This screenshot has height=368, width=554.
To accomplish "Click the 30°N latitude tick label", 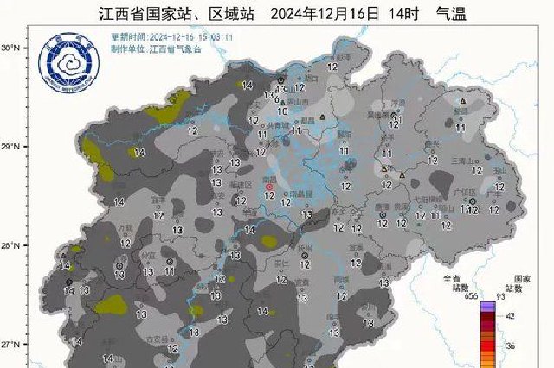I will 10,48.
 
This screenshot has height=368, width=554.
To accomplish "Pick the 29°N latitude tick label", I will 10,148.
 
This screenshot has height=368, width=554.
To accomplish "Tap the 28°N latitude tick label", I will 10,246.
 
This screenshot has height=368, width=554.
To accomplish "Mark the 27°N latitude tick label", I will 10,345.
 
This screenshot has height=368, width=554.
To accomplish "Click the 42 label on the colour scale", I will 511,317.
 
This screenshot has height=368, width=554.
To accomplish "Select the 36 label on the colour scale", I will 511,346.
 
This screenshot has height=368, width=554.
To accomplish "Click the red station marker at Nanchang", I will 269,187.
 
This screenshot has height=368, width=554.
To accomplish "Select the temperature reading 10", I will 282,111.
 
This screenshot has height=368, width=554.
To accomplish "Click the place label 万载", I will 126,227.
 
